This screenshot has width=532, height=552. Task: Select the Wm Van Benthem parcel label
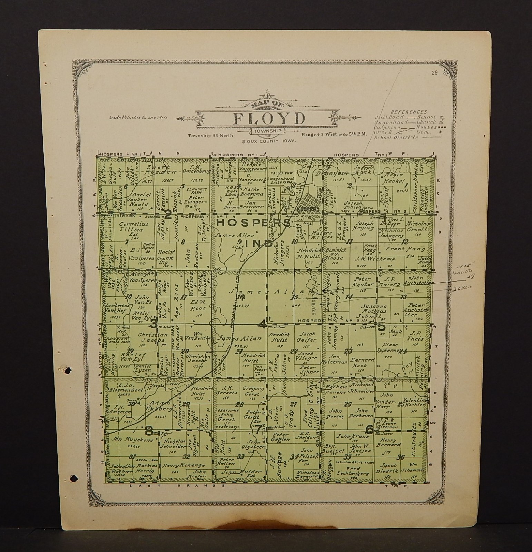(198, 338)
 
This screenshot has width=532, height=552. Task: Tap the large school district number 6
(369, 430)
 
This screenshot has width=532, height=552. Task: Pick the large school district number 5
(381, 327)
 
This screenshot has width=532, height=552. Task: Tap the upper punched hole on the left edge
(68, 370)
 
